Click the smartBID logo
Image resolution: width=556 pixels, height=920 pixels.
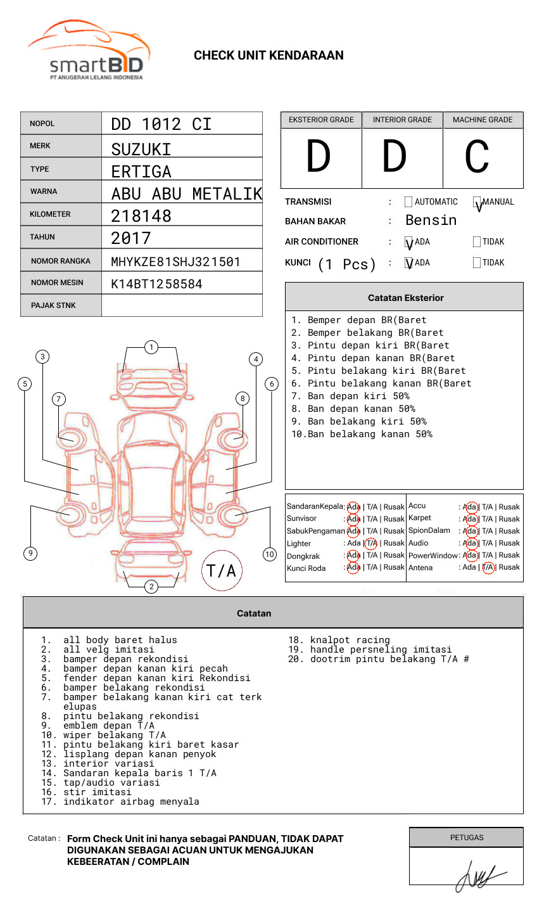coord(89,51)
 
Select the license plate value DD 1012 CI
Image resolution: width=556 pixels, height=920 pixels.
coord(161,124)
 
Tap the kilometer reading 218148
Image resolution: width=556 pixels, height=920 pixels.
coord(141,216)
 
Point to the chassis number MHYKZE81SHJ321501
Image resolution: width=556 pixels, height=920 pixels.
coord(175,262)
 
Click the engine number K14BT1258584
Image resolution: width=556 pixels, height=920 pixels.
coord(156,284)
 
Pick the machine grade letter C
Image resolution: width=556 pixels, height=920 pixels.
coord(476,157)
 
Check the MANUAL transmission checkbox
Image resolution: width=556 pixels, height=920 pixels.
coord(477,202)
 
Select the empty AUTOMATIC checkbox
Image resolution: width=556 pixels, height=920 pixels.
coord(408,202)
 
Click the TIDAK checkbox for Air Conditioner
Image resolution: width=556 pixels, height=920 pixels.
coord(477,241)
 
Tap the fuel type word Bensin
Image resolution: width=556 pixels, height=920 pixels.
coord(431,220)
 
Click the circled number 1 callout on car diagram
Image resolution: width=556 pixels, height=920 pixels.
coord(151,347)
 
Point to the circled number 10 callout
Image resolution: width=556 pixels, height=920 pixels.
coord(270,554)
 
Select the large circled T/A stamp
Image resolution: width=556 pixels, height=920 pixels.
coord(222,570)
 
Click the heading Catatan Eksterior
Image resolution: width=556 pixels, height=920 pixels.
coord(405,298)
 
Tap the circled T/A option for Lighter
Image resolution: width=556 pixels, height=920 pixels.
coord(371,543)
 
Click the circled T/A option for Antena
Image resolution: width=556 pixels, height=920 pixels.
coord(488,567)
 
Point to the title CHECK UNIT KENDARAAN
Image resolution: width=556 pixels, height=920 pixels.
coord(269,55)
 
